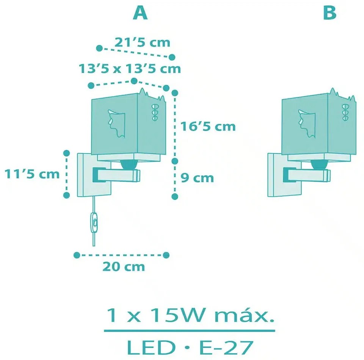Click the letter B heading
tap(329, 13)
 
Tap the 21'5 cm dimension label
tap(142, 42)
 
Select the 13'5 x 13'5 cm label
tap(130, 69)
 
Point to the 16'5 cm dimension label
tap(208, 127)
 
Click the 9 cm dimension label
tap(197, 178)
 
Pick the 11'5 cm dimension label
tap(32, 174)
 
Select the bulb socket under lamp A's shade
tap(129, 164)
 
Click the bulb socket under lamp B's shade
tap(319, 164)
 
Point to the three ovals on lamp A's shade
tap(155, 113)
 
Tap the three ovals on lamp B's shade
tap(345, 113)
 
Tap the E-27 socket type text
tap(226, 347)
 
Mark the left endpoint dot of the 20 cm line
tap(77, 255)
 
